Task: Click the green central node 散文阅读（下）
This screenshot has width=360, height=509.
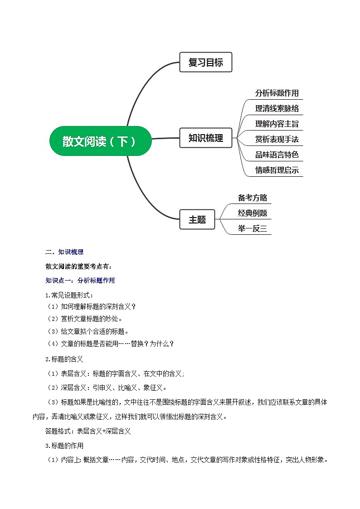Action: [x=100, y=141]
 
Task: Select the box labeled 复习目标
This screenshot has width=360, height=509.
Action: [x=205, y=63]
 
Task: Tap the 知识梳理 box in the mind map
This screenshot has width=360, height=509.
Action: [x=205, y=138]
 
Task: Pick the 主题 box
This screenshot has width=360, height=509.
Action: [x=197, y=219]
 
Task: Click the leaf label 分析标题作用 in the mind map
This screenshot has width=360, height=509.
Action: [x=277, y=93]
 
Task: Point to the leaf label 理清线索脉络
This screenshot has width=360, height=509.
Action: [x=277, y=108]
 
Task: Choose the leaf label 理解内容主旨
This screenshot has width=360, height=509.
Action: [x=277, y=124]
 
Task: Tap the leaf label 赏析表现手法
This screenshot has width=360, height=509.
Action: [x=277, y=139]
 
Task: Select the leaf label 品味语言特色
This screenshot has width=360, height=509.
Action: [x=277, y=155]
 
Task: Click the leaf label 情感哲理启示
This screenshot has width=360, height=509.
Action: [x=277, y=170]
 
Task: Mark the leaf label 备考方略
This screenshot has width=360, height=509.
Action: [x=253, y=198]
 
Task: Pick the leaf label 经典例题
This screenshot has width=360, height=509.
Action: [x=253, y=213]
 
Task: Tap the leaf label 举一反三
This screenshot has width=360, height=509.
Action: [x=253, y=228]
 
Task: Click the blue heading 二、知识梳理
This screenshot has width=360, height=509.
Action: [x=64, y=252]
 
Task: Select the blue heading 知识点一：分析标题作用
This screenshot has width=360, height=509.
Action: [x=80, y=281]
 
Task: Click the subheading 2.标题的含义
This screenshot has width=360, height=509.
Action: [x=64, y=359]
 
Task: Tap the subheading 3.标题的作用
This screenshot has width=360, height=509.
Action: [x=64, y=446]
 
